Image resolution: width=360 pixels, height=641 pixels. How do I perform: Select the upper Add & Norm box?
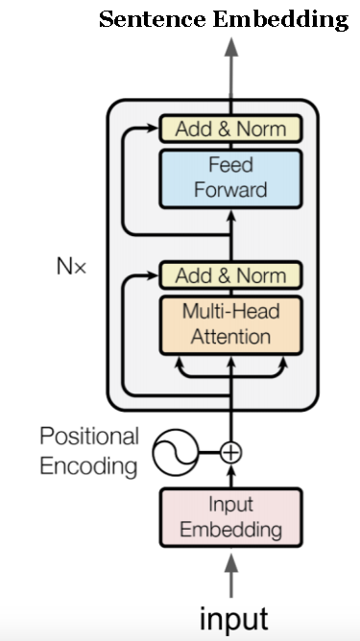click(x=230, y=129)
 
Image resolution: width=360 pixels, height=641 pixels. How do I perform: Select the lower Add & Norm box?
click(x=230, y=275)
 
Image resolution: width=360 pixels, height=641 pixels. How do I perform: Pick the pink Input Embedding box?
click(x=230, y=517)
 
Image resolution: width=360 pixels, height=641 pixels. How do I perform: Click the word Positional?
click(x=88, y=437)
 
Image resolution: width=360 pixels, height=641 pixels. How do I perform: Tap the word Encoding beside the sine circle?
click(x=88, y=467)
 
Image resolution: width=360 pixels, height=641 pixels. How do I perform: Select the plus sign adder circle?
click(x=230, y=450)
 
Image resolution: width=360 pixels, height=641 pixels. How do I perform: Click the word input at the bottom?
click(x=233, y=616)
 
